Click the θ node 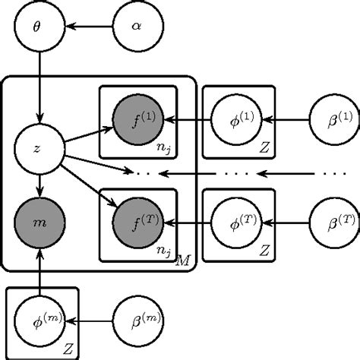pos(38,27)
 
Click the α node pos(137,27)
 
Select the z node pos(38,149)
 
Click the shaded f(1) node pos(137,119)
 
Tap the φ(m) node pos(38,323)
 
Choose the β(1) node pos(335,119)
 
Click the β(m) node pos(137,323)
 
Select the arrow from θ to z pos(38,87)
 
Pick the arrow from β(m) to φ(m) pos(87,323)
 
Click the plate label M pos(182,261)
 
